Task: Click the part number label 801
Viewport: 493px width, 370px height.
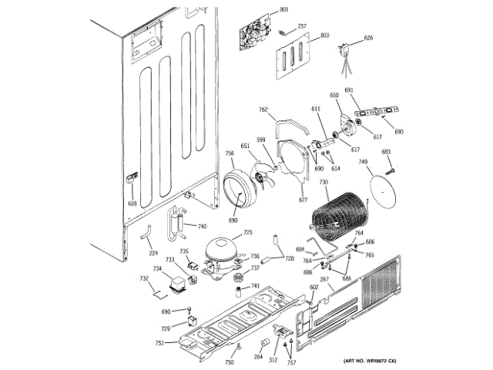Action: click(284, 9)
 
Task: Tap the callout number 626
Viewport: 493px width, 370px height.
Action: click(368, 38)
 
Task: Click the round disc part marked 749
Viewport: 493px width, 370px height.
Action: click(381, 188)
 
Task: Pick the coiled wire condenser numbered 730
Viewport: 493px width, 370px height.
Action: click(336, 216)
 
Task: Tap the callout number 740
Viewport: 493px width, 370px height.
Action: click(202, 227)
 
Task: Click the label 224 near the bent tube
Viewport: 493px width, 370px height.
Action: click(153, 252)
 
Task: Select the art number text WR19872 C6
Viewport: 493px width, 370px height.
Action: click(369, 362)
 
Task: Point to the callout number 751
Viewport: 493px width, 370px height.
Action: click(159, 343)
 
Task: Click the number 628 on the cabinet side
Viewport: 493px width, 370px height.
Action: click(132, 203)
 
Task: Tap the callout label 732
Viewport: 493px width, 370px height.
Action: click(143, 278)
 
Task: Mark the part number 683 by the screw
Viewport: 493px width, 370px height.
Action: click(386, 152)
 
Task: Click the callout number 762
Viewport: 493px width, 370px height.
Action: click(263, 110)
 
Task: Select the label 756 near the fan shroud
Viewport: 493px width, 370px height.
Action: click(230, 153)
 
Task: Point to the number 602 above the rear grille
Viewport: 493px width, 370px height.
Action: click(314, 288)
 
